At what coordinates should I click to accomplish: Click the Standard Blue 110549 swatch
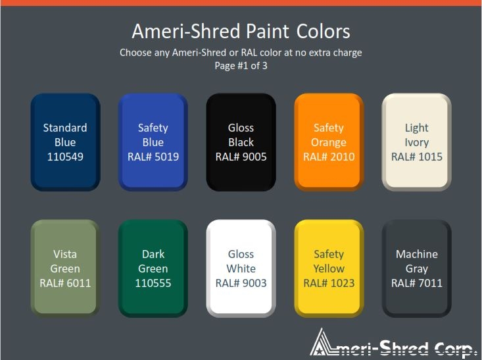click(65, 142)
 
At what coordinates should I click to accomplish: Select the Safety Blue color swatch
click(153, 142)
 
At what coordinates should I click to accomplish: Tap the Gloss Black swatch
click(241, 142)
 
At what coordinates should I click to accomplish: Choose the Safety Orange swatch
click(329, 142)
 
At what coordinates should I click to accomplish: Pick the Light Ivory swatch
click(416, 142)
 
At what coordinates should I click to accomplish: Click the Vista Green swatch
click(65, 269)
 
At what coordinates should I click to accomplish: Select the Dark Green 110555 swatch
click(153, 269)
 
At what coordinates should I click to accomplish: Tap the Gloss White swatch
click(241, 269)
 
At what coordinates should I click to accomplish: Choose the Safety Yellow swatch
click(329, 269)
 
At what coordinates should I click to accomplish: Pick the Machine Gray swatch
click(416, 269)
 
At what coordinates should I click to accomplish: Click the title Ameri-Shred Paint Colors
click(241, 32)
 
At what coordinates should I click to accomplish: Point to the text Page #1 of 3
click(241, 66)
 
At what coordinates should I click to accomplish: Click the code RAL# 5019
click(153, 157)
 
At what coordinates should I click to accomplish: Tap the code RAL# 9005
click(241, 157)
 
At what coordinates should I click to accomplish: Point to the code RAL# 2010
click(329, 157)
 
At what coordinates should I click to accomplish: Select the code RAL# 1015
click(416, 157)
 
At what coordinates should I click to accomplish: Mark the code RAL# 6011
click(65, 283)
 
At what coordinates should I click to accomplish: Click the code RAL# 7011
click(416, 283)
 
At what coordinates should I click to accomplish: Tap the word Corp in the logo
click(454, 349)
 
